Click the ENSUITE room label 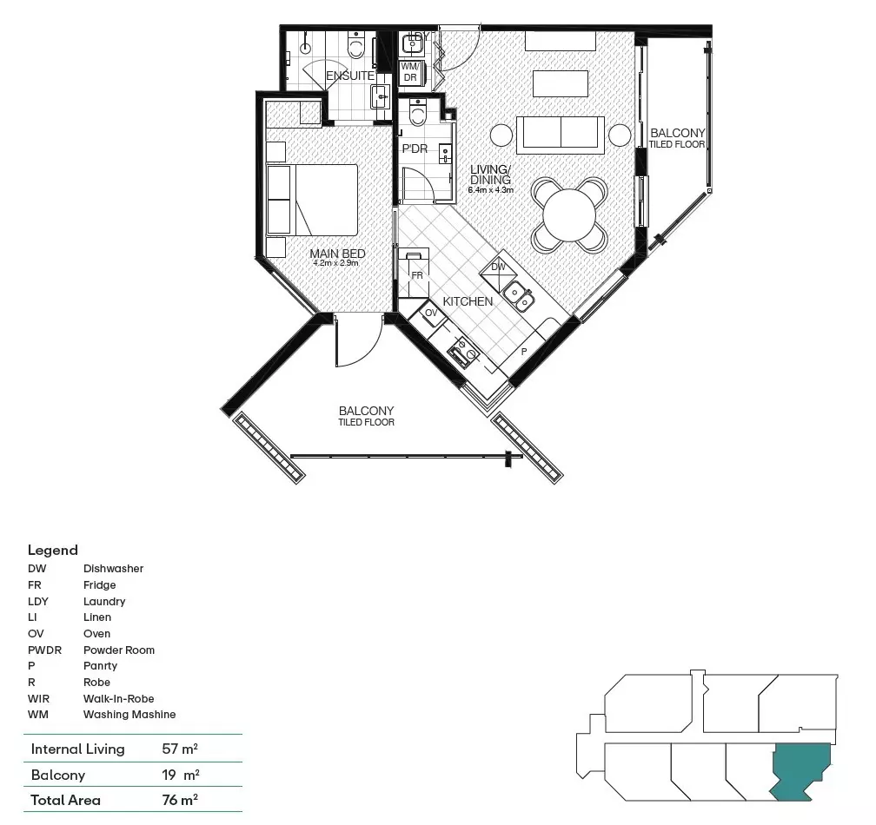click(350, 76)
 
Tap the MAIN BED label click(338, 254)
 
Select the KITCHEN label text click(468, 301)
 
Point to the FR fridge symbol click(416, 274)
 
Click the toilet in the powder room click(418, 113)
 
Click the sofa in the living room click(561, 134)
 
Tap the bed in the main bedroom click(313, 200)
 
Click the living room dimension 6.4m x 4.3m click(491, 189)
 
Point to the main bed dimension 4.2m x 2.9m click(337, 263)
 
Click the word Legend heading click(52, 550)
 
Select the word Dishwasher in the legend click(113, 569)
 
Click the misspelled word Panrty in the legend click(100, 666)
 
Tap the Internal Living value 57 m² click(181, 749)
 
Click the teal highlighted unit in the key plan click(801, 769)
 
